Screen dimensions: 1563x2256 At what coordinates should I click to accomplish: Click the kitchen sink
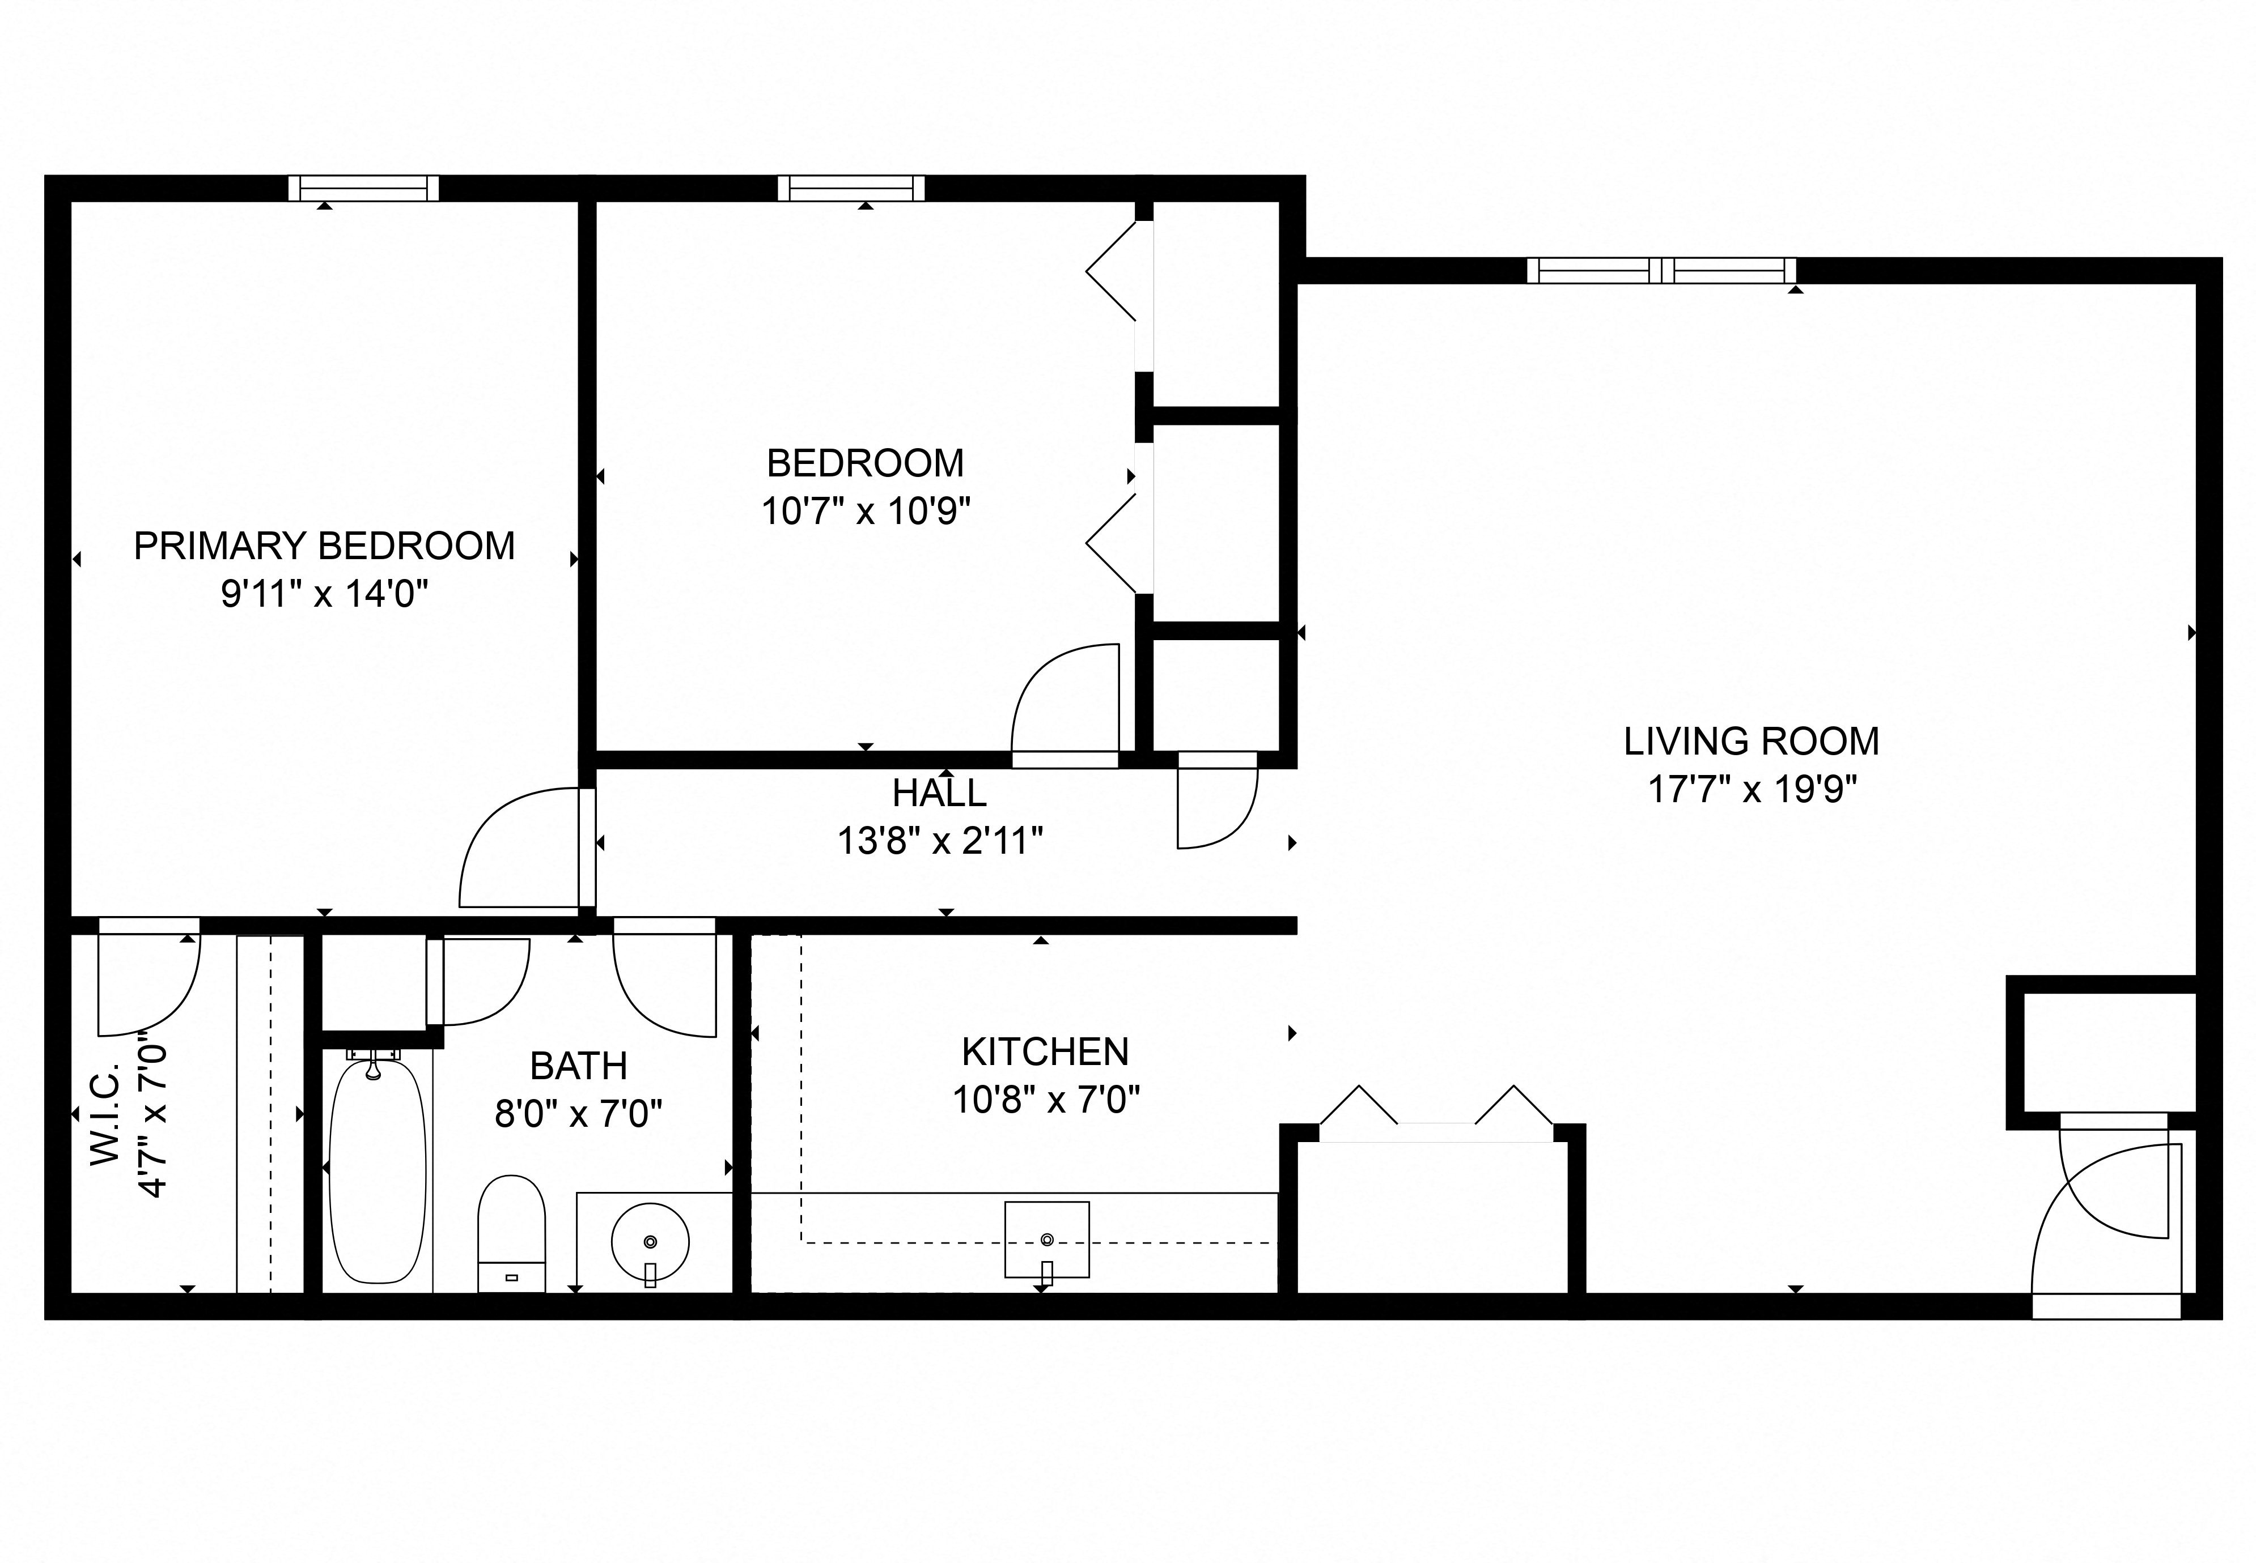coord(1046,1240)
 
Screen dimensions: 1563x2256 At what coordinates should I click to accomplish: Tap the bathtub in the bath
coord(377,1172)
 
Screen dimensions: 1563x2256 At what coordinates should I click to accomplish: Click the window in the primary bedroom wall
coord(363,188)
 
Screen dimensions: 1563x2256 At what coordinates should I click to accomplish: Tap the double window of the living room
coord(1661,270)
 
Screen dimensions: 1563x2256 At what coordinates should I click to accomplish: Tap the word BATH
coord(578,1066)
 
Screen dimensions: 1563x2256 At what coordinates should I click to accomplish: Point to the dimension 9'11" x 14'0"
coord(324,594)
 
